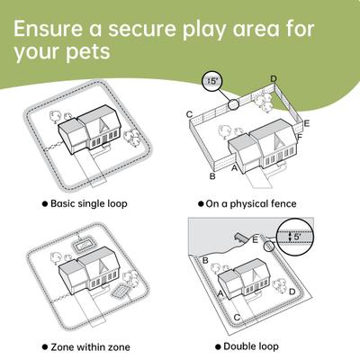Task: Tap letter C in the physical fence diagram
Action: click(x=189, y=114)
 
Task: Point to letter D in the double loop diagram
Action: click(x=292, y=292)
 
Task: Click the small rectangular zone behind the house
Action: click(x=85, y=243)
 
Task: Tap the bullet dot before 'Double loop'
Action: click(x=218, y=346)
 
